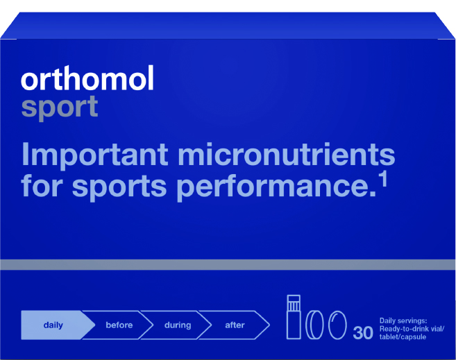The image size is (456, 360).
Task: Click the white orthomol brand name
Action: [x=87, y=78]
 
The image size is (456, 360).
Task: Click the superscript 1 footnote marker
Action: [x=385, y=179]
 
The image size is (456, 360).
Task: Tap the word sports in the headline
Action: [x=119, y=187]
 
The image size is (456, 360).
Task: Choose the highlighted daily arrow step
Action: [x=58, y=325]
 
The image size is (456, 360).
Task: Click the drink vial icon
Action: [x=294, y=317]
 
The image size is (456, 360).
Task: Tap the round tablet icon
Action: [x=314, y=325]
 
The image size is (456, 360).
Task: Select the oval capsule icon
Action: [x=337, y=325]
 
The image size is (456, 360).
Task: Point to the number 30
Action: [x=362, y=333]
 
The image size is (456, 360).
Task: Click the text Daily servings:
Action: [x=403, y=320]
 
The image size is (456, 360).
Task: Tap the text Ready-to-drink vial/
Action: [x=412, y=329]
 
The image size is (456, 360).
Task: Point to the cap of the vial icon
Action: [x=294, y=302]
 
